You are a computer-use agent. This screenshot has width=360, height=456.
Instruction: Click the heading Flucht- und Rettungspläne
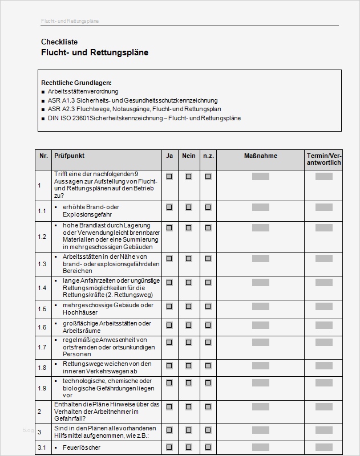[95, 52]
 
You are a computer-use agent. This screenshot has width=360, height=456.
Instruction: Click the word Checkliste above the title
[59, 42]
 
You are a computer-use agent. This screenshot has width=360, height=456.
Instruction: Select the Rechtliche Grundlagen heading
[76, 83]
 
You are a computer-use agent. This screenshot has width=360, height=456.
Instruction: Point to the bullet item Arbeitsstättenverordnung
[83, 91]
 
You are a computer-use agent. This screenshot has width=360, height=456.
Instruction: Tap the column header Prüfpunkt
[69, 156]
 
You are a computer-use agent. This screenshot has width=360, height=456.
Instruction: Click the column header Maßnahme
[260, 156]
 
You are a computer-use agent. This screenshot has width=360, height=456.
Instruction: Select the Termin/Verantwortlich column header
[323, 159]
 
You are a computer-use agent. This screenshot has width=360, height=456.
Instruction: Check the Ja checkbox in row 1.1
[169, 207]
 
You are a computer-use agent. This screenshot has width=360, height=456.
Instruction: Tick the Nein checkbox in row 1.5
[189, 308]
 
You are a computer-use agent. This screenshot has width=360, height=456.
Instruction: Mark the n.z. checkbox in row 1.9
[208, 385]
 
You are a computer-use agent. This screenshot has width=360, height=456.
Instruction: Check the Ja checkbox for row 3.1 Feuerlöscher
[169, 447]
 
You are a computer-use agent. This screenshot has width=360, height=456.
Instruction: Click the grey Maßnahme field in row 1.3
[260, 260]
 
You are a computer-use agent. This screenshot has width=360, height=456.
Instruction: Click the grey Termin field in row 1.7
[323, 344]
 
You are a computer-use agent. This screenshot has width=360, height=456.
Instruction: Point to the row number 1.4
[42, 288]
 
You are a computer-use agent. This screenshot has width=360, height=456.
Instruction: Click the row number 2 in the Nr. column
[39, 411]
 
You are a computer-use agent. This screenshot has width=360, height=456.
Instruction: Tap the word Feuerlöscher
[81, 448]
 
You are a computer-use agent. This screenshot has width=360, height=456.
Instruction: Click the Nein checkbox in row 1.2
[189, 227]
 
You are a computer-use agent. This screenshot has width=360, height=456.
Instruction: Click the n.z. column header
[208, 156]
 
